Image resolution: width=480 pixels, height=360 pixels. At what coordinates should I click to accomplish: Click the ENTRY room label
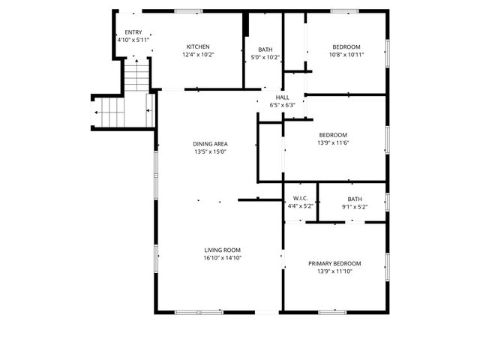(x=133, y=32)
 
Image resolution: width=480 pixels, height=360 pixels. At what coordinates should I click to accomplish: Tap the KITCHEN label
(x=198, y=46)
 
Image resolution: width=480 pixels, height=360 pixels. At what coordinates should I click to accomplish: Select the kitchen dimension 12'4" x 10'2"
(x=198, y=55)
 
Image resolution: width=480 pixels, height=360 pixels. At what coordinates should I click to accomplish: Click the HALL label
(x=283, y=97)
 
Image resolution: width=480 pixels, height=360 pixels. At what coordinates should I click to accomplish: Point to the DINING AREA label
(x=210, y=144)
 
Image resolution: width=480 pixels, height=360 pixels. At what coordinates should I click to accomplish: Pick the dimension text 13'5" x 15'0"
(x=210, y=152)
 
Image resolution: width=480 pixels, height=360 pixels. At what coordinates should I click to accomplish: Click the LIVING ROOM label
(x=222, y=250)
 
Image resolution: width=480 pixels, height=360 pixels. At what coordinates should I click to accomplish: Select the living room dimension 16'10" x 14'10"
(x=222, y=258)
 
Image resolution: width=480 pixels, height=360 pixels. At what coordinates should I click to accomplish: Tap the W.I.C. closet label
(x=300, y=199)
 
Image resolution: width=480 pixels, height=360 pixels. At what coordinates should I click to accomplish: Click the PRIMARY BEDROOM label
(x=334, y=263)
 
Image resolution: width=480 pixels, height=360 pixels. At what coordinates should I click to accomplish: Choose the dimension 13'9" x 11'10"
(x=334, y=271)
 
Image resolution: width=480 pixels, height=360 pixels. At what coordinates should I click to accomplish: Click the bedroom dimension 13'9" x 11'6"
(x=334, y=143)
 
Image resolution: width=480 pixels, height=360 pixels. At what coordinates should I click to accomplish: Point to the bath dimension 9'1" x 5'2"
(x=354, y=207)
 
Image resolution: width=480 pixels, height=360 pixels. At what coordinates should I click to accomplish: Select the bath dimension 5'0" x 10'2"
(x=265, y=57)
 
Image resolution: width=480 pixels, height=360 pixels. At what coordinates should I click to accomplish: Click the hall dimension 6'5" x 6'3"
(x=283, y=105)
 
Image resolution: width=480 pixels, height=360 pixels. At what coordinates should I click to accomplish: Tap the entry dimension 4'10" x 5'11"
(x=133, y=40)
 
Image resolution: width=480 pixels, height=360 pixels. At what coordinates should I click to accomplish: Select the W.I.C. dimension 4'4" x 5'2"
(x=300, y=206)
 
